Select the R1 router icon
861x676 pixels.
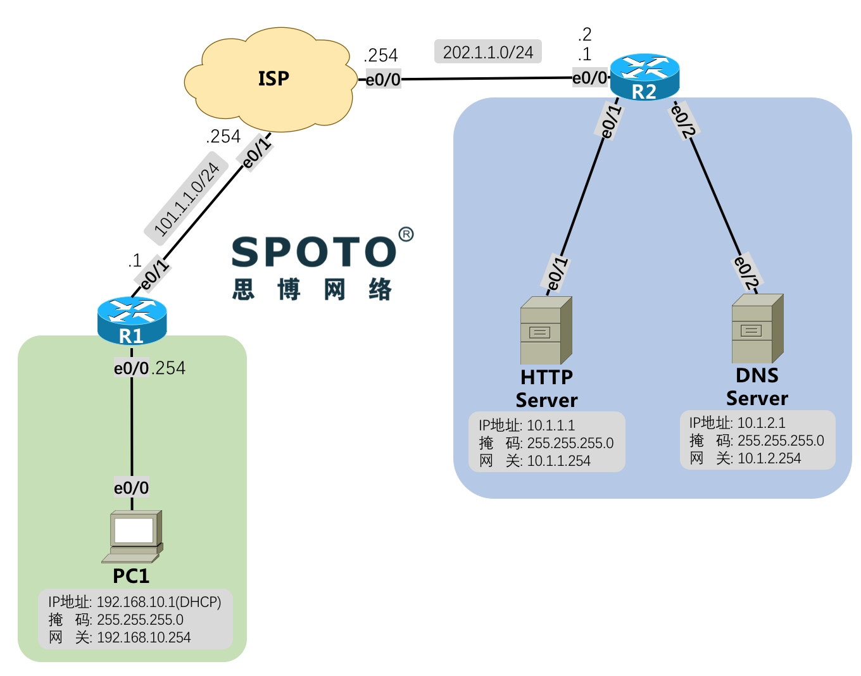(x=132, y=320)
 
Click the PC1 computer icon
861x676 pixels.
(x=134, y=535)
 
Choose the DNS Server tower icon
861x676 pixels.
(x=757, y=329)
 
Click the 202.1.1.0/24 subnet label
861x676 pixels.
(x=488, y=52)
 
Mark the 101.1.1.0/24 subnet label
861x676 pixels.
(x=186, y=199)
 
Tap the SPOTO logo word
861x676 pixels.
(x=313, y=252)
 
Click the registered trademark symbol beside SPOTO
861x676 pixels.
(x=406, y=234)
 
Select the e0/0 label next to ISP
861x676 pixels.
(x=383, y=80)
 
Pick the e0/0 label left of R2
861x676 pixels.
(x=589, y=78)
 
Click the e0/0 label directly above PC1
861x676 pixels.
(x=132, y=487)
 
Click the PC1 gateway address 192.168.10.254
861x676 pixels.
(x=144, y=637)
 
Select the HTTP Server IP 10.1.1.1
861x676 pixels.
(x=551, y=425)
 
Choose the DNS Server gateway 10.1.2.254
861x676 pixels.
(x=769, y=458)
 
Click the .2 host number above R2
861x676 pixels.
(x=584, y=34)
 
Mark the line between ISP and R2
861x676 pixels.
(x=487, y=79)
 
